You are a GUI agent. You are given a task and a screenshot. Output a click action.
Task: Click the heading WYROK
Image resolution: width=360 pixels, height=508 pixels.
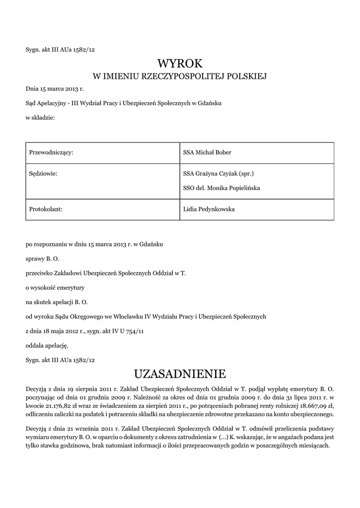click(x=180, y=63)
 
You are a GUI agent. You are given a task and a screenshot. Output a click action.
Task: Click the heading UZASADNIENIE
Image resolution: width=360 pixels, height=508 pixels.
click(x=180, y=373)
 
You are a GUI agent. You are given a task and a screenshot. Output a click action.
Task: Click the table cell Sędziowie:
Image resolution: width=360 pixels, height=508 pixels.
click(x=44, y=174)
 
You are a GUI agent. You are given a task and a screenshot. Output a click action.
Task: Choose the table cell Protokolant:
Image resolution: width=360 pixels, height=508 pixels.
click(x=45, y=209)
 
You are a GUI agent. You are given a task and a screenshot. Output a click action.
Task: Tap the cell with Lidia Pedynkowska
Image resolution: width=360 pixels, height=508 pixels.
click(x=209, y=209)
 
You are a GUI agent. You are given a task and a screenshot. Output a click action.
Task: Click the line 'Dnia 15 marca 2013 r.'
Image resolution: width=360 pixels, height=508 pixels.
click(x=55, y=89)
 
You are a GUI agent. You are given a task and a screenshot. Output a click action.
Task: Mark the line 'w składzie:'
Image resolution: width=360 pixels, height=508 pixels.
click(x=40, y=118)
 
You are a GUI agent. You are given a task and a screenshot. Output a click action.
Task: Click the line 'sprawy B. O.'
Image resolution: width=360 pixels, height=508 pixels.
click(x=42, y=258)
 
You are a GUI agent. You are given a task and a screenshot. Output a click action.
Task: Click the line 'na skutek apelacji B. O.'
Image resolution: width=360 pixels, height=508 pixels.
click(x=56, y=302)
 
